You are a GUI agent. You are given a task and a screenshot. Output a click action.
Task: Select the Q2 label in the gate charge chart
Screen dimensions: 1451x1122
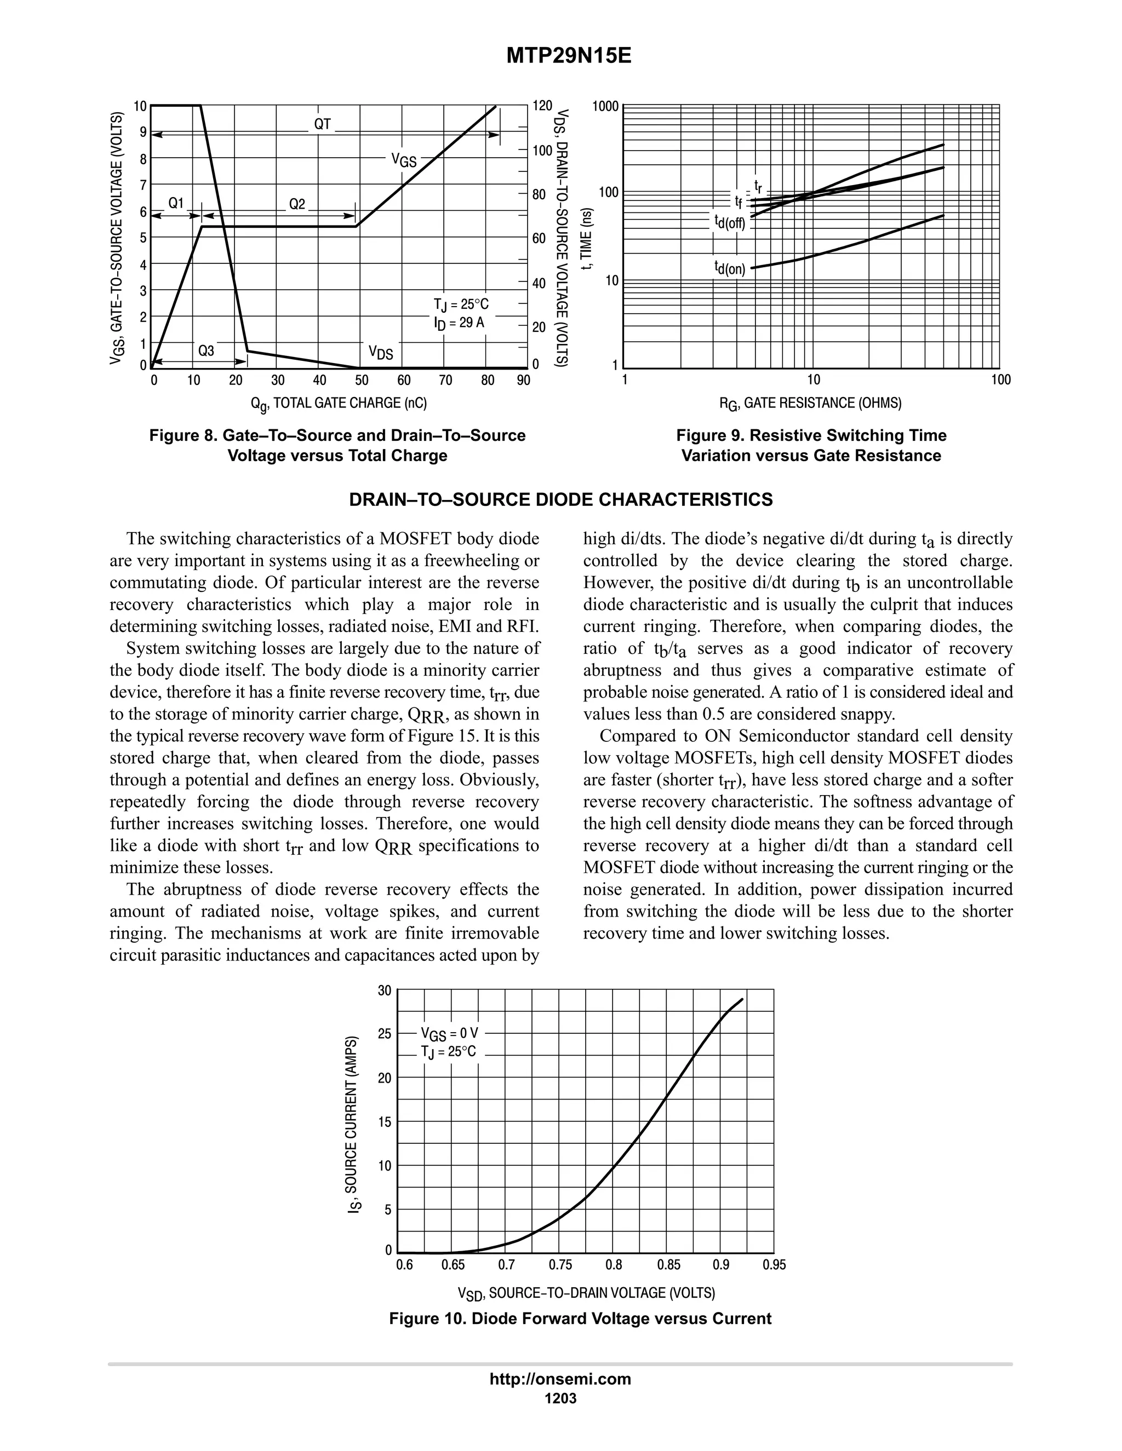click(297, 204)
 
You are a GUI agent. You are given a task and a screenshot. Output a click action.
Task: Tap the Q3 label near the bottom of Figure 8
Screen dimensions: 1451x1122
click(206, 351)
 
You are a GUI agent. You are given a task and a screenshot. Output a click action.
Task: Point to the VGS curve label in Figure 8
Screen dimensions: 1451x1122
click(403, 160)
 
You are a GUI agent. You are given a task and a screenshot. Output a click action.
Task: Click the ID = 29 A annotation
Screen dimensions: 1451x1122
click(459, 324)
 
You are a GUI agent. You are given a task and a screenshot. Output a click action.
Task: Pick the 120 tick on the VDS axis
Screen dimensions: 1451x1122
click(542, 106)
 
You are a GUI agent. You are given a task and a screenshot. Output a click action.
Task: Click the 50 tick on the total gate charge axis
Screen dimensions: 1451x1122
click(362, 381)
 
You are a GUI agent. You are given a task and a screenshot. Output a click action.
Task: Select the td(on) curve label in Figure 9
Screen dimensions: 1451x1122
click(730, 268)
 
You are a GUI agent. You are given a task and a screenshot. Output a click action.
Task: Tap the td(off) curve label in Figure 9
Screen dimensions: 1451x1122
click(730, 222)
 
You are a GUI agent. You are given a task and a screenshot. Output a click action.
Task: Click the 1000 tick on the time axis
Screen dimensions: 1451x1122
click(605, 106)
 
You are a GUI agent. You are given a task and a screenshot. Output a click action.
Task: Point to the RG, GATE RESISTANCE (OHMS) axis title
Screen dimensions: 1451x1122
click(810, 404)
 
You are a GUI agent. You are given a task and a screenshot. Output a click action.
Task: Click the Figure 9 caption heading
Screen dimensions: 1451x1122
click(811, 436)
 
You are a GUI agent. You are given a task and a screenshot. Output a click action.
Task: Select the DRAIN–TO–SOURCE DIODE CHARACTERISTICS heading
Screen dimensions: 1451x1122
click(561, 499)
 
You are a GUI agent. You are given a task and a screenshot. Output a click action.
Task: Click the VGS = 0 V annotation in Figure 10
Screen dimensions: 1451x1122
click(449, 1033)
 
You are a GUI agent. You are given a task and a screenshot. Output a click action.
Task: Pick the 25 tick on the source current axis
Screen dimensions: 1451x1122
click(385, 1034)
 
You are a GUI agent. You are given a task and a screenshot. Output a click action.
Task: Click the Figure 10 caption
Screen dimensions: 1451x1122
click(580, 1319)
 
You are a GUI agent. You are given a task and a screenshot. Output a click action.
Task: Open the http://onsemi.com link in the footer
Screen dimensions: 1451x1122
click(560, 1379)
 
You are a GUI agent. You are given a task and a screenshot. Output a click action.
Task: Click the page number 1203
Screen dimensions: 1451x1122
click(560, 1398)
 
